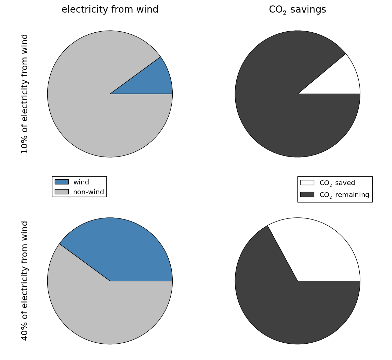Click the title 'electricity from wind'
(x=110, y=10)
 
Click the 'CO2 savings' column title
(x=297, y=10)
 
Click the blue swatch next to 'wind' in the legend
(x=62, y=182)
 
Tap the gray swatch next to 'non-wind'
(x=62, y=192)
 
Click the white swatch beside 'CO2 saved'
(x=307, y=183)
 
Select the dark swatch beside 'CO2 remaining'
(x=307, y=195)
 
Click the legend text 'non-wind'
(x=88, y=192)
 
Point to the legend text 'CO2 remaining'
(x=344, y=195)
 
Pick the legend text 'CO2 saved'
(x=337, y=183)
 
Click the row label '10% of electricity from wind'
(x=25, y=94)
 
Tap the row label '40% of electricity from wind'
(x=25, y=281)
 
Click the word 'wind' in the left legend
(x=81, y=182)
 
